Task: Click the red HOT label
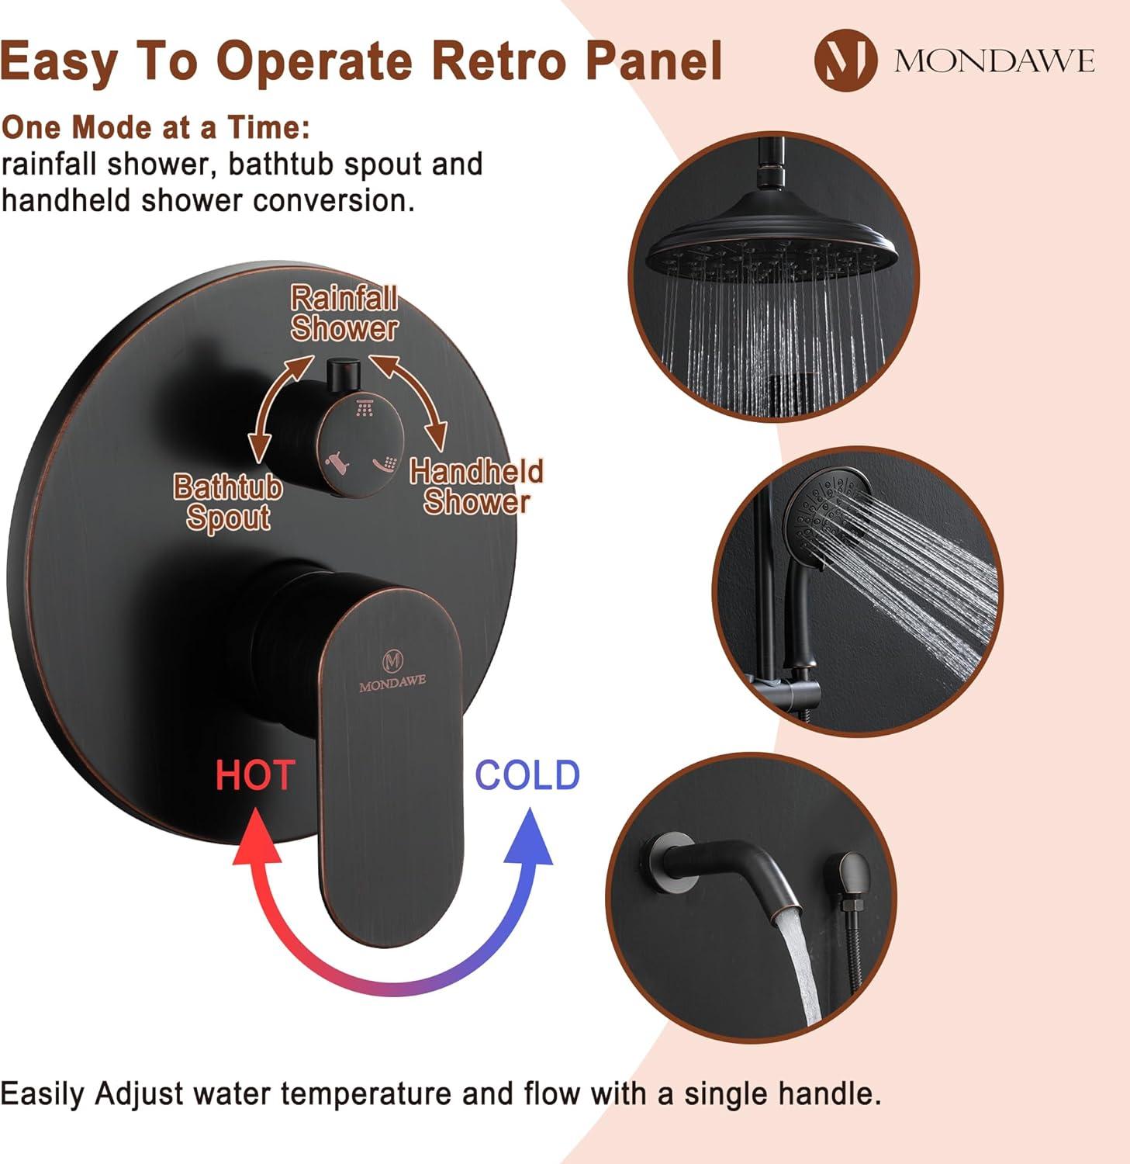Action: point(254,775)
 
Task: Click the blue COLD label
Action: point(527,775)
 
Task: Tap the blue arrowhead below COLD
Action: point(529,838)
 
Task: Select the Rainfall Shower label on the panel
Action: point(344,314)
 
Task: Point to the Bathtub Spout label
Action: point(227,502)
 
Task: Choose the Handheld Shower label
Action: point(476,487)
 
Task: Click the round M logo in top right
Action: point(845,61)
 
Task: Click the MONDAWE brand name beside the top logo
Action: point(994,61)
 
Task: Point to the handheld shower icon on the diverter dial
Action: point(385,465)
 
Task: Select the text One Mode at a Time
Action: point(156,127)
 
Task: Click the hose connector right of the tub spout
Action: point(852,877)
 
